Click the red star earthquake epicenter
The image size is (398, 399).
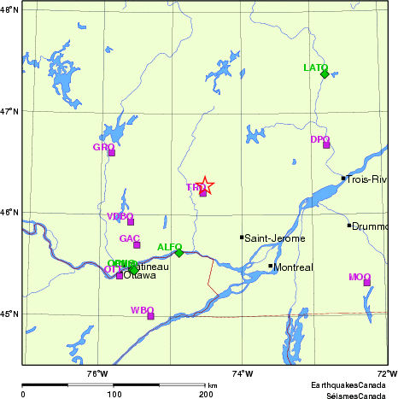(x=205, y=185)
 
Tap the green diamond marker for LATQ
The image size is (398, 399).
(x=325, y=74)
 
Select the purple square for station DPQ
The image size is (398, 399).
(x=326, y=144)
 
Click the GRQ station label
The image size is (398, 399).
(x=102, y=147)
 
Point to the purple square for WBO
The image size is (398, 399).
(x=150, y=315)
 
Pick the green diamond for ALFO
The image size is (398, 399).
(x=179, y=252)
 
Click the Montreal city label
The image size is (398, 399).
(x=295, y=267)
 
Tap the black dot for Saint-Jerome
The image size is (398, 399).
(x=242, y=237)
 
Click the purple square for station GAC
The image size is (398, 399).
(x=137, y=244)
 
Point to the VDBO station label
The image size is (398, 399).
(x=120, y=216)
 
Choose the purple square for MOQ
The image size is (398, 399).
(x=367, y=282)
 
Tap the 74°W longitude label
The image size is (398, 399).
(x=243, y=373)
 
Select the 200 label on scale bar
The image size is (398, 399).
(x=206, y=395)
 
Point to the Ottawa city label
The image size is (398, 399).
(x=140, y=276)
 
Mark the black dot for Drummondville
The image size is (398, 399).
(x=349, y=225)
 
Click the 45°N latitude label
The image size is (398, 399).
(x=10, y=314)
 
